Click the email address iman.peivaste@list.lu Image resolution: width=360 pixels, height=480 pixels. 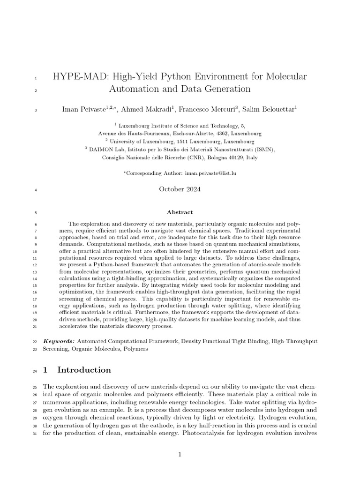[x=209, y=173]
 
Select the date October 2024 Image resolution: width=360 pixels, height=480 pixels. [x=180, y=189]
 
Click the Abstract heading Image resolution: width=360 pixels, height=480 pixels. [x=180, y=212]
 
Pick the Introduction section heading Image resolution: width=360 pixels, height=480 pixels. [x=84, y=370]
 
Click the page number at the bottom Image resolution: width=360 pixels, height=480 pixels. [x=180, y=454]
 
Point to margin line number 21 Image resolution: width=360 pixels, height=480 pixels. [x=35, y=327]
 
